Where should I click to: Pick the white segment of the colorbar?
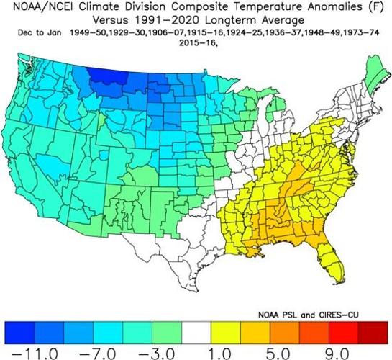pos(196,330)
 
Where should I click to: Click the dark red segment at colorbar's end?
pos(372,330)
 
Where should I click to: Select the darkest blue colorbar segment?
pos(20,330)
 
